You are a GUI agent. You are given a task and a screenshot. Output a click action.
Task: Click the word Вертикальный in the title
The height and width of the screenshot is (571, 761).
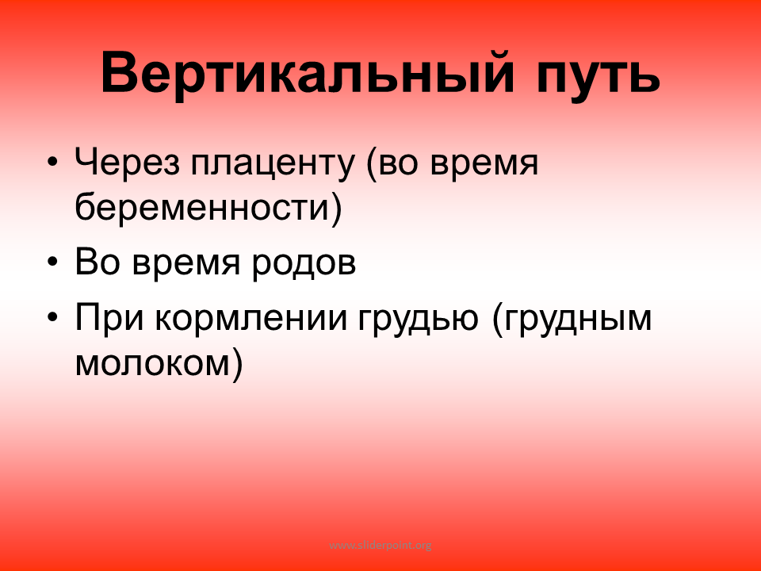point(307,73)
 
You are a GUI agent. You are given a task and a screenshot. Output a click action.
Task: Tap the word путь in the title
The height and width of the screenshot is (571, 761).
point(598,78)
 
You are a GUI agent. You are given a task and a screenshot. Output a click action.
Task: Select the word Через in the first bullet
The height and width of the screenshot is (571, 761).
point(127,163)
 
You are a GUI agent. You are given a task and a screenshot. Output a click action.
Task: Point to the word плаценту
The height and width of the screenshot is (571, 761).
point(273,166)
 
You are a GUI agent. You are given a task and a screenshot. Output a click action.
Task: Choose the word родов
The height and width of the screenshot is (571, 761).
point(304,266)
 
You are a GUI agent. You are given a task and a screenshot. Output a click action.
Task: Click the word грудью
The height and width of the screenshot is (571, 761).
point(419,320)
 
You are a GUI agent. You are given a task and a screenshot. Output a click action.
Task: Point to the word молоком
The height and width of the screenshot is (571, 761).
point(152,364)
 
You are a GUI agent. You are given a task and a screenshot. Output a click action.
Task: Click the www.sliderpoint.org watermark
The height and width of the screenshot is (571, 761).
point(380,546)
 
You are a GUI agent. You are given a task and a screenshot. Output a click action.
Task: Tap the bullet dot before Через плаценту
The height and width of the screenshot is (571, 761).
point(53,161)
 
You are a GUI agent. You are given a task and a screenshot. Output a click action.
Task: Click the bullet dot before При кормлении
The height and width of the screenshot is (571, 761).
point(53,317)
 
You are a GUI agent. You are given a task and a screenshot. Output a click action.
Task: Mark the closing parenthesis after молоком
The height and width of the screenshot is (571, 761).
point(237,364)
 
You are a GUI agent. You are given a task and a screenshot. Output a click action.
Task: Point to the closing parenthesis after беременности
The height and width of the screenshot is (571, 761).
point(337,207)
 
